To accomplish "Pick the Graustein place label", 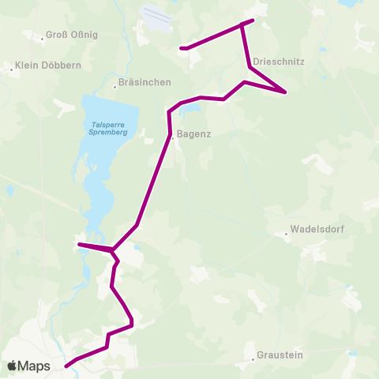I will (x=280, y=356).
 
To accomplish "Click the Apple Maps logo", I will (x=29, y=366).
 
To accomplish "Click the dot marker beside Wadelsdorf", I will (x=287, y=233).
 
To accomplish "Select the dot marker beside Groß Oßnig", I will (x=42, y=37).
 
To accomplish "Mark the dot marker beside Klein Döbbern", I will (x=12, y=69).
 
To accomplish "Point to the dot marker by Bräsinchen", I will (x=115, y=82).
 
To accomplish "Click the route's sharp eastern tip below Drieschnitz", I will (x=285, y=93).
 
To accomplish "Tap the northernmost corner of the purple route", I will (x=253, y=21).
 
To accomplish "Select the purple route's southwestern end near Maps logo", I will (x=66, y=365).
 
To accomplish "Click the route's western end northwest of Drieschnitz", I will (x=182, y=48).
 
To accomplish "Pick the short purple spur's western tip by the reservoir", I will (x=79, y=245).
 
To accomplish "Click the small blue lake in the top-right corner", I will (x=348, y=5).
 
